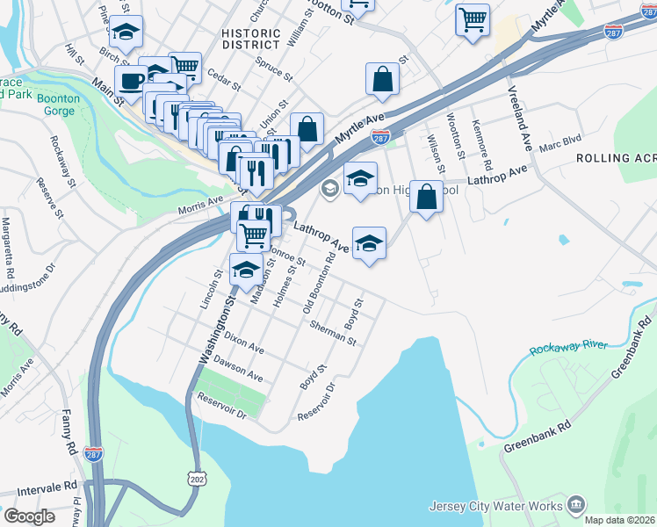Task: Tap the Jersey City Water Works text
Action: (x=496, y=506)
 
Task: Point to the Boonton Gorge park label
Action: (x=58, y=105)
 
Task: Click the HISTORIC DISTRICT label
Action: (x=251, y=40)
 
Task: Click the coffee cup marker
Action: (x=131, y=81)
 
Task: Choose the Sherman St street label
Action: (x=332, y=333)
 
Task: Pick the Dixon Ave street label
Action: (x=243, y=343)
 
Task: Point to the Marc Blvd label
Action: (x=560, y=143)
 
